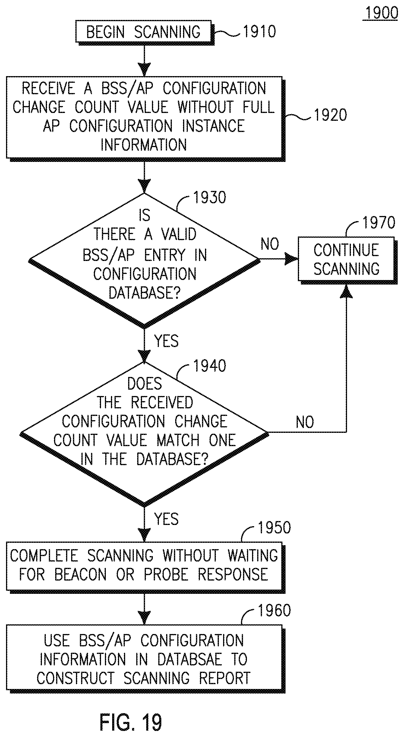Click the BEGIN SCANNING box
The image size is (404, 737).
pyautogui.click(x=143, y=31)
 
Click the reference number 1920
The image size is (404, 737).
pyautogui.click(x=330, y=115)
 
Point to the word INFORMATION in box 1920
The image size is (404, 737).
pyautogui.click(x=144, y=145)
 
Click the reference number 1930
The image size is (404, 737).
pyautogui.click(x=209, y=198)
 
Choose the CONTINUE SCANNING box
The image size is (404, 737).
pyautogui.click(x=346, y=259)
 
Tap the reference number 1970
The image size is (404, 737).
pyautogui.click(x=379, y=223)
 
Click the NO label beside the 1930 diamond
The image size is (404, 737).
pyautogui.click(x=270, y=244)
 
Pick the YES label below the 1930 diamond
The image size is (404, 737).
pyautogui.click(x=166, y=341)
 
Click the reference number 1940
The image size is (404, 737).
pyautogui.click(x=209, y=366)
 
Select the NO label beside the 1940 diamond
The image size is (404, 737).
pyautogui.click(x=305, y=422)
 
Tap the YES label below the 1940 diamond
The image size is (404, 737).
pyautogui.click(x=166, y=519)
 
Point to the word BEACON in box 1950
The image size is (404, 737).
pyautogui.click(x=80, y=574)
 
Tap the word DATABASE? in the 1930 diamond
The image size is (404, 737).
pyautogui.click(x=145, y=293)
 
